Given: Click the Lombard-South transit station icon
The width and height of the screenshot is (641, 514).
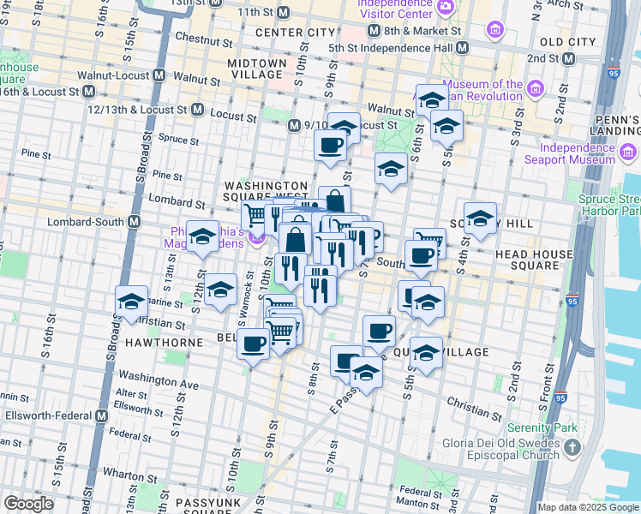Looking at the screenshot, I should point(134,221).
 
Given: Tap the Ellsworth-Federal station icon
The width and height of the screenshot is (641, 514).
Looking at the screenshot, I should point(101,416).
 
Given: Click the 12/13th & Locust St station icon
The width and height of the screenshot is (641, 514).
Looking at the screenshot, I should point(197,111).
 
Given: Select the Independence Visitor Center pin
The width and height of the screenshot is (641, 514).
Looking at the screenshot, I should point(445,7).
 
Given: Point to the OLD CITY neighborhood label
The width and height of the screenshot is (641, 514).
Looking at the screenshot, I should point(567,41).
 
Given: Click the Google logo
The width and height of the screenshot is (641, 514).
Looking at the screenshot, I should point(28,504).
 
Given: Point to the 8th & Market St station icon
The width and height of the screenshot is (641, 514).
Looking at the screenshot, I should point(373,30).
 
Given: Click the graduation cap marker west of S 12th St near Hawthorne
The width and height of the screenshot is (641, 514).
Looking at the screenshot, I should point(132,302).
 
